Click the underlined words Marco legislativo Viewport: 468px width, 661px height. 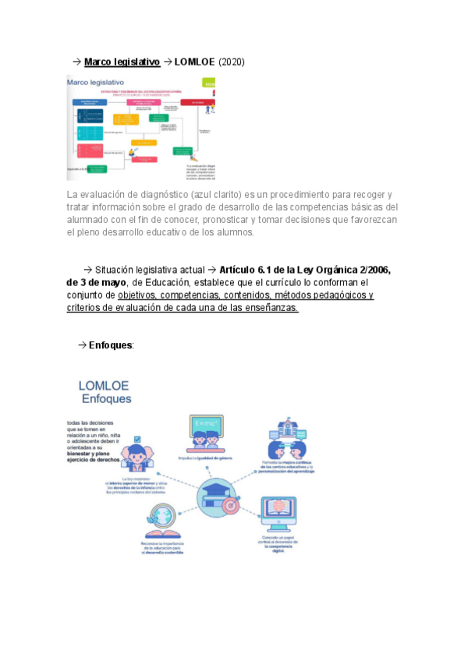click(x=122, y=62)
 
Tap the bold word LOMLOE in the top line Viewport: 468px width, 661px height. click(x=195, y=62)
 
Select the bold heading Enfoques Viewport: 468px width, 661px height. click(x=111, y=345)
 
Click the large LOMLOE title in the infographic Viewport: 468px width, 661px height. click(x=104, y=385)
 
